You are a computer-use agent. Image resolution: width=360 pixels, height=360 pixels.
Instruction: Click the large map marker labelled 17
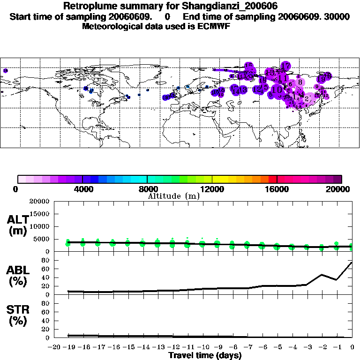tap(285, 66)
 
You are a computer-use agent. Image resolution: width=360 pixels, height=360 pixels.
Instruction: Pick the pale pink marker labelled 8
tap(300, 82)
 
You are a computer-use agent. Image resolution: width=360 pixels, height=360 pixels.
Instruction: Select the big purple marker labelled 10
tap(277, 90)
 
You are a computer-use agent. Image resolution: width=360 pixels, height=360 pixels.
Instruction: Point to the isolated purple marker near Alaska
tap(6, 71)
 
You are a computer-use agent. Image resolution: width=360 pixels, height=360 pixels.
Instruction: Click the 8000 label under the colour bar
tap(148, 189)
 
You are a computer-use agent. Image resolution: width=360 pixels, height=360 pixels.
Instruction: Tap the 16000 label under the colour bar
tap(277, 189)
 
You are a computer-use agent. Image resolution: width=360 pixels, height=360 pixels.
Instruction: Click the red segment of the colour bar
tap(273, 179)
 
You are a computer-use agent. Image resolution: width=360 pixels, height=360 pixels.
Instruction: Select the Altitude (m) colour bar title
tap(173, 196)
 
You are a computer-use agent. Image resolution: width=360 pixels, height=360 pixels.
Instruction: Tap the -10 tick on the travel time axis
tap(202, 347)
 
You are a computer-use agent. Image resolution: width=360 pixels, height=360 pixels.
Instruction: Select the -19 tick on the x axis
tap(68, 347)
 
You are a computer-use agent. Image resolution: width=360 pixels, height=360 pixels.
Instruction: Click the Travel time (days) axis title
tap(205, 356)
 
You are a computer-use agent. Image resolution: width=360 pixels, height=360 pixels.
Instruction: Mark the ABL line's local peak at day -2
tap(322, 275)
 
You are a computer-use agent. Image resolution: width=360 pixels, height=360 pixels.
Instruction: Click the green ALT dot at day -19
tap(68, 243)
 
